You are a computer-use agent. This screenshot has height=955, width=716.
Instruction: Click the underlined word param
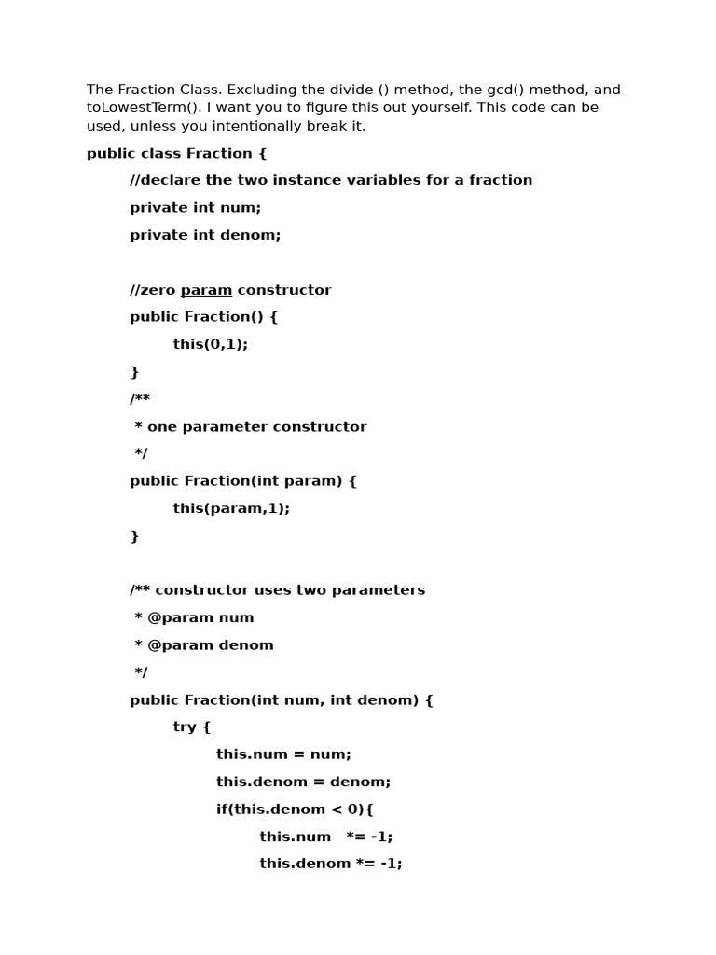[x=206, y=290]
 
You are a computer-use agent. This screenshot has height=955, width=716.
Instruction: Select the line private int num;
[x=196, y=208]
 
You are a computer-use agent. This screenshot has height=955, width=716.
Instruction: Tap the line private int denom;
[x=205, y=235]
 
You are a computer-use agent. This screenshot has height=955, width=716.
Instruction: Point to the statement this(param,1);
[x=231, y=508]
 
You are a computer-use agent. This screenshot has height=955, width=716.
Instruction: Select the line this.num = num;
[x=283, y=754]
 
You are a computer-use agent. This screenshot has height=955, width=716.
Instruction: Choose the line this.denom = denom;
[x=303, y=782]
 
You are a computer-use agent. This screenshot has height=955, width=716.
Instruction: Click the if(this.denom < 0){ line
[x=295, y=809]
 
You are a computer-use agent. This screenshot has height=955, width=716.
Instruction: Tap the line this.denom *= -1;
[x=330, y=864]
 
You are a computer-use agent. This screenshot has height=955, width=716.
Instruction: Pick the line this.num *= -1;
[x=325, y=837]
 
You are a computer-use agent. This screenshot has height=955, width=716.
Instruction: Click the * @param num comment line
[x=194, y=617]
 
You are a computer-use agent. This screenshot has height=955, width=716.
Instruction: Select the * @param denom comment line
[x=204, y=645]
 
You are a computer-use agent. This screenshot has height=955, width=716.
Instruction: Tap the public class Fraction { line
[x=176, y=153]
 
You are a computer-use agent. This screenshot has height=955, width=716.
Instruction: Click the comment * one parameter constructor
[x=250, y=426]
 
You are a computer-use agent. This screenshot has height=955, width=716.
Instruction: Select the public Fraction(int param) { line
[x=243, y=481]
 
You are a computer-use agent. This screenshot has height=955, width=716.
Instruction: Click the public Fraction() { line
[x=204, y=317]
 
